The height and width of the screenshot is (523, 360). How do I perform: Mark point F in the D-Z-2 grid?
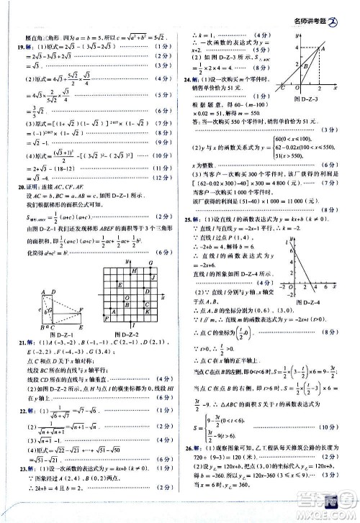[106, 317]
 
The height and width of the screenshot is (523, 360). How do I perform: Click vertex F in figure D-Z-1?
[81, 309]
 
